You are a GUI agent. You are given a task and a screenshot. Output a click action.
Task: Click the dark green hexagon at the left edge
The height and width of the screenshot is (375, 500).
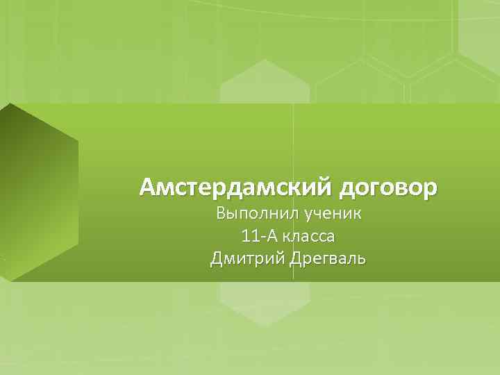coord(38,191)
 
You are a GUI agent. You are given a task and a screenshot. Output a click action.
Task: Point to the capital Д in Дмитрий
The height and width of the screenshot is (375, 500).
coord(216,259)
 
